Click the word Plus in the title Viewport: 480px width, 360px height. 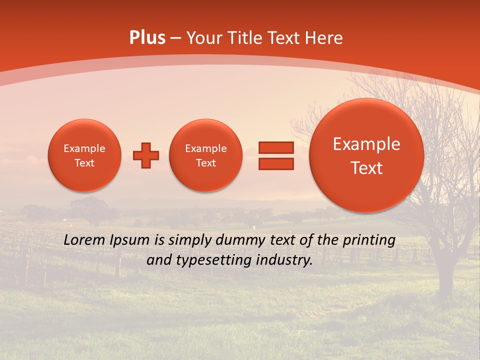[x=147, y=38]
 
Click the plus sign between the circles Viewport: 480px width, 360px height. [x=146, y=155]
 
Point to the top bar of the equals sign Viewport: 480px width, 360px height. [x=276, y=147]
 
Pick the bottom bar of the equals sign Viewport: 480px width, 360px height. [x=276, y=164]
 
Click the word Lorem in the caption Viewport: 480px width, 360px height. [x=84, y=240]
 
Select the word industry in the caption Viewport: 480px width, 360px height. [x=286, y=260]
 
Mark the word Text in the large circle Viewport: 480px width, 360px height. [x=366, y=168]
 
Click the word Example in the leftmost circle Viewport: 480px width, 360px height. [x=84, y=148]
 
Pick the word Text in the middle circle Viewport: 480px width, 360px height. [x=205, y=163]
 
